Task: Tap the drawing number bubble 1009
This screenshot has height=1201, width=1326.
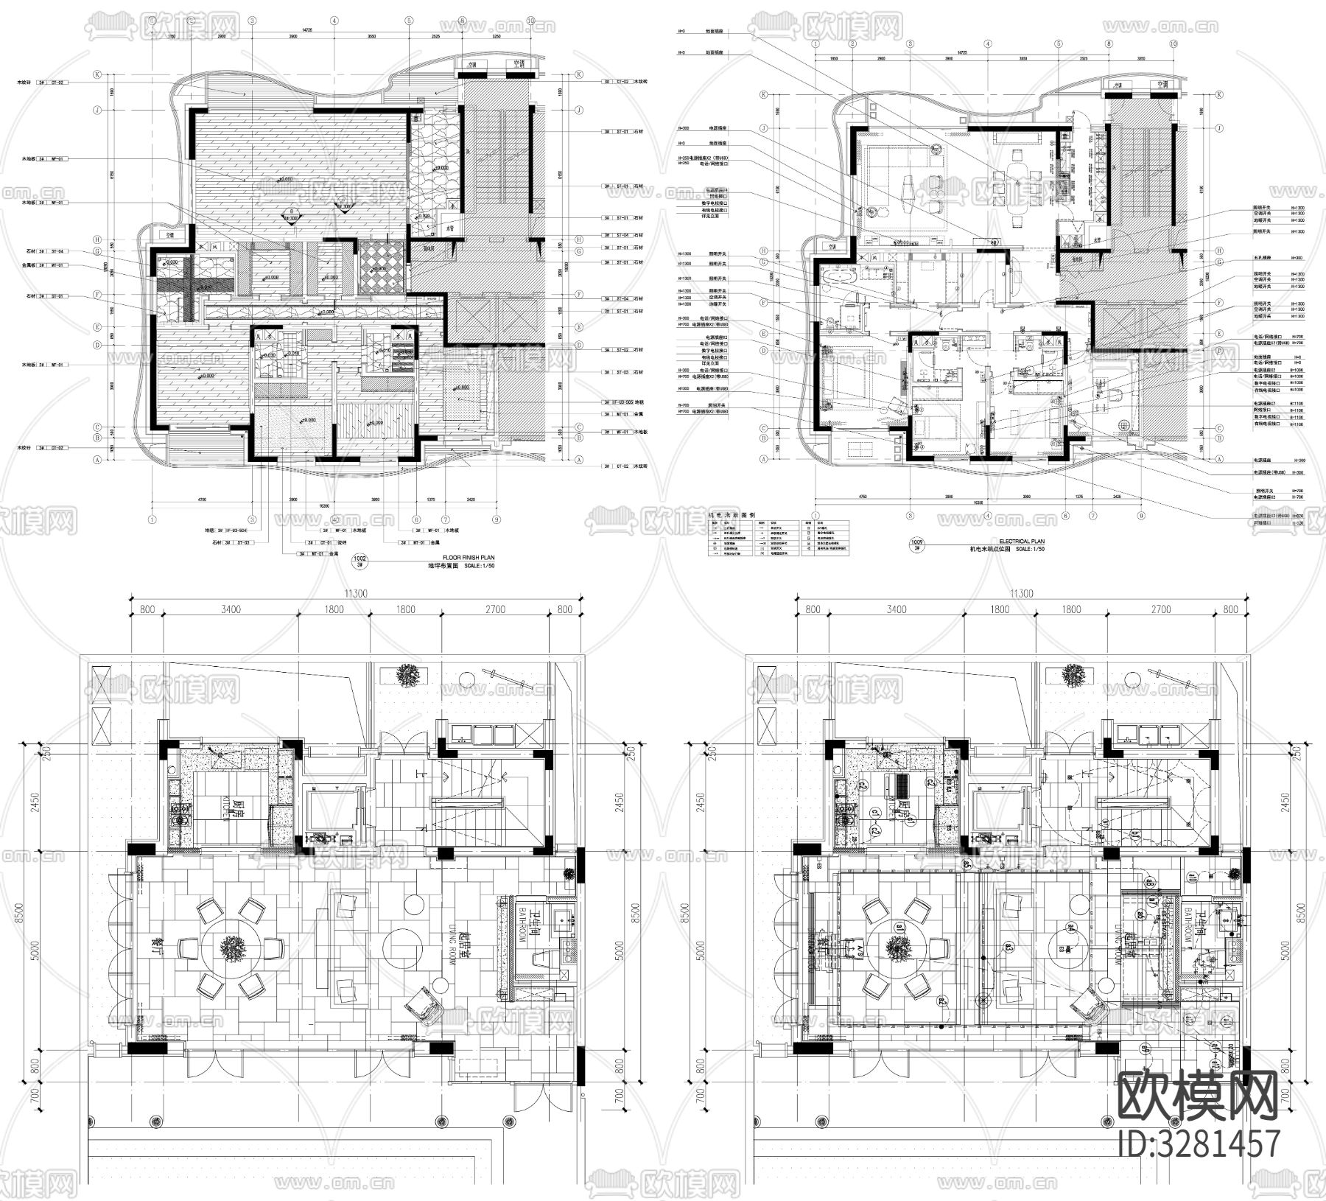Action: pos(917,545)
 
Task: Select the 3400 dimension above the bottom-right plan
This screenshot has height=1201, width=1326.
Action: pos(896,609)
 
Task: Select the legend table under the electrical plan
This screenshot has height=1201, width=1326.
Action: pos(778,538)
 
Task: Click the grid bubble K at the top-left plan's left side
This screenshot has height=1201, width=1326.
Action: pos(97,74)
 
